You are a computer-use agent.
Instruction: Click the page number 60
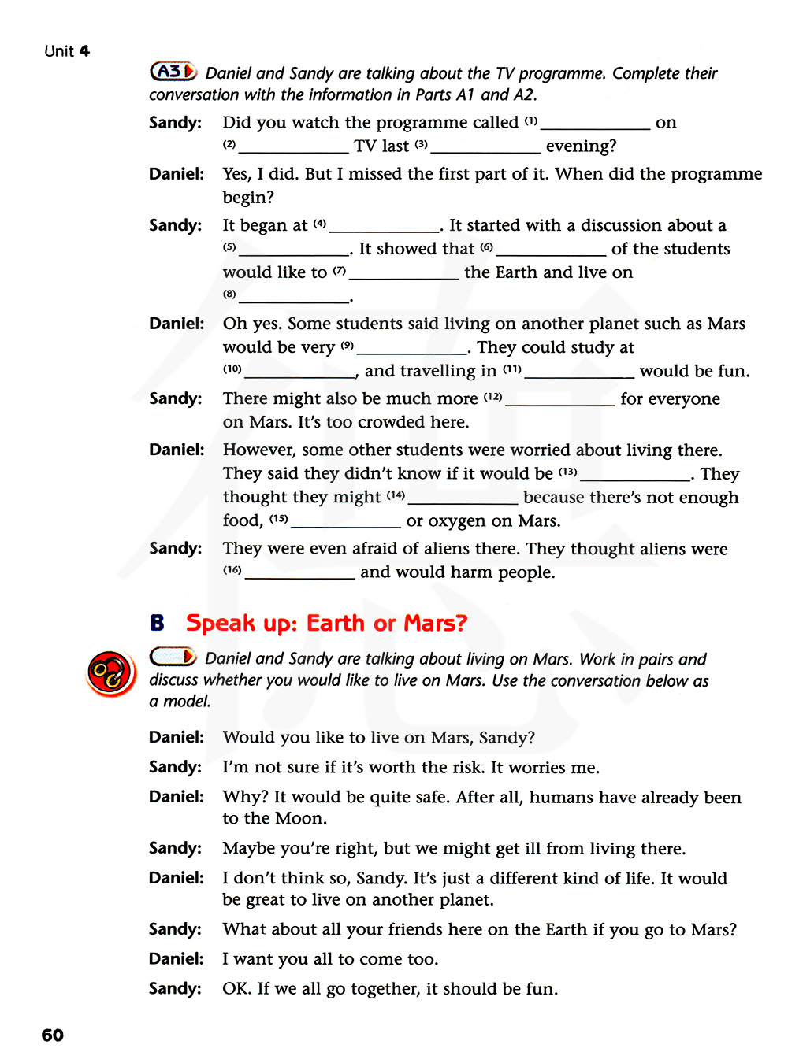[53, 1035]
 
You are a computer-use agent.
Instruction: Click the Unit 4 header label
[67, 51]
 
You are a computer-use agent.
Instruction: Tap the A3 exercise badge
[173, 72]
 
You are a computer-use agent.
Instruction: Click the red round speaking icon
[110, 674]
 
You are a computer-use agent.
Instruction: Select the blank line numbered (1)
[595, 128]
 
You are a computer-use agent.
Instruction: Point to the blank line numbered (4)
[384, 230]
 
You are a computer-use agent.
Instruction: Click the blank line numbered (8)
[294, 301]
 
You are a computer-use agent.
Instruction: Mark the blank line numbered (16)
[299, 577]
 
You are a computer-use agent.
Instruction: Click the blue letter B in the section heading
[158, 623]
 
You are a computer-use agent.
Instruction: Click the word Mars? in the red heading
[436, 623]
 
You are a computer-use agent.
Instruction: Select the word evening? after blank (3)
[581, 146]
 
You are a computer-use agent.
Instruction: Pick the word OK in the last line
[236, 989]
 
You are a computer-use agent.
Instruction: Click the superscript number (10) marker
[232, 369]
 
